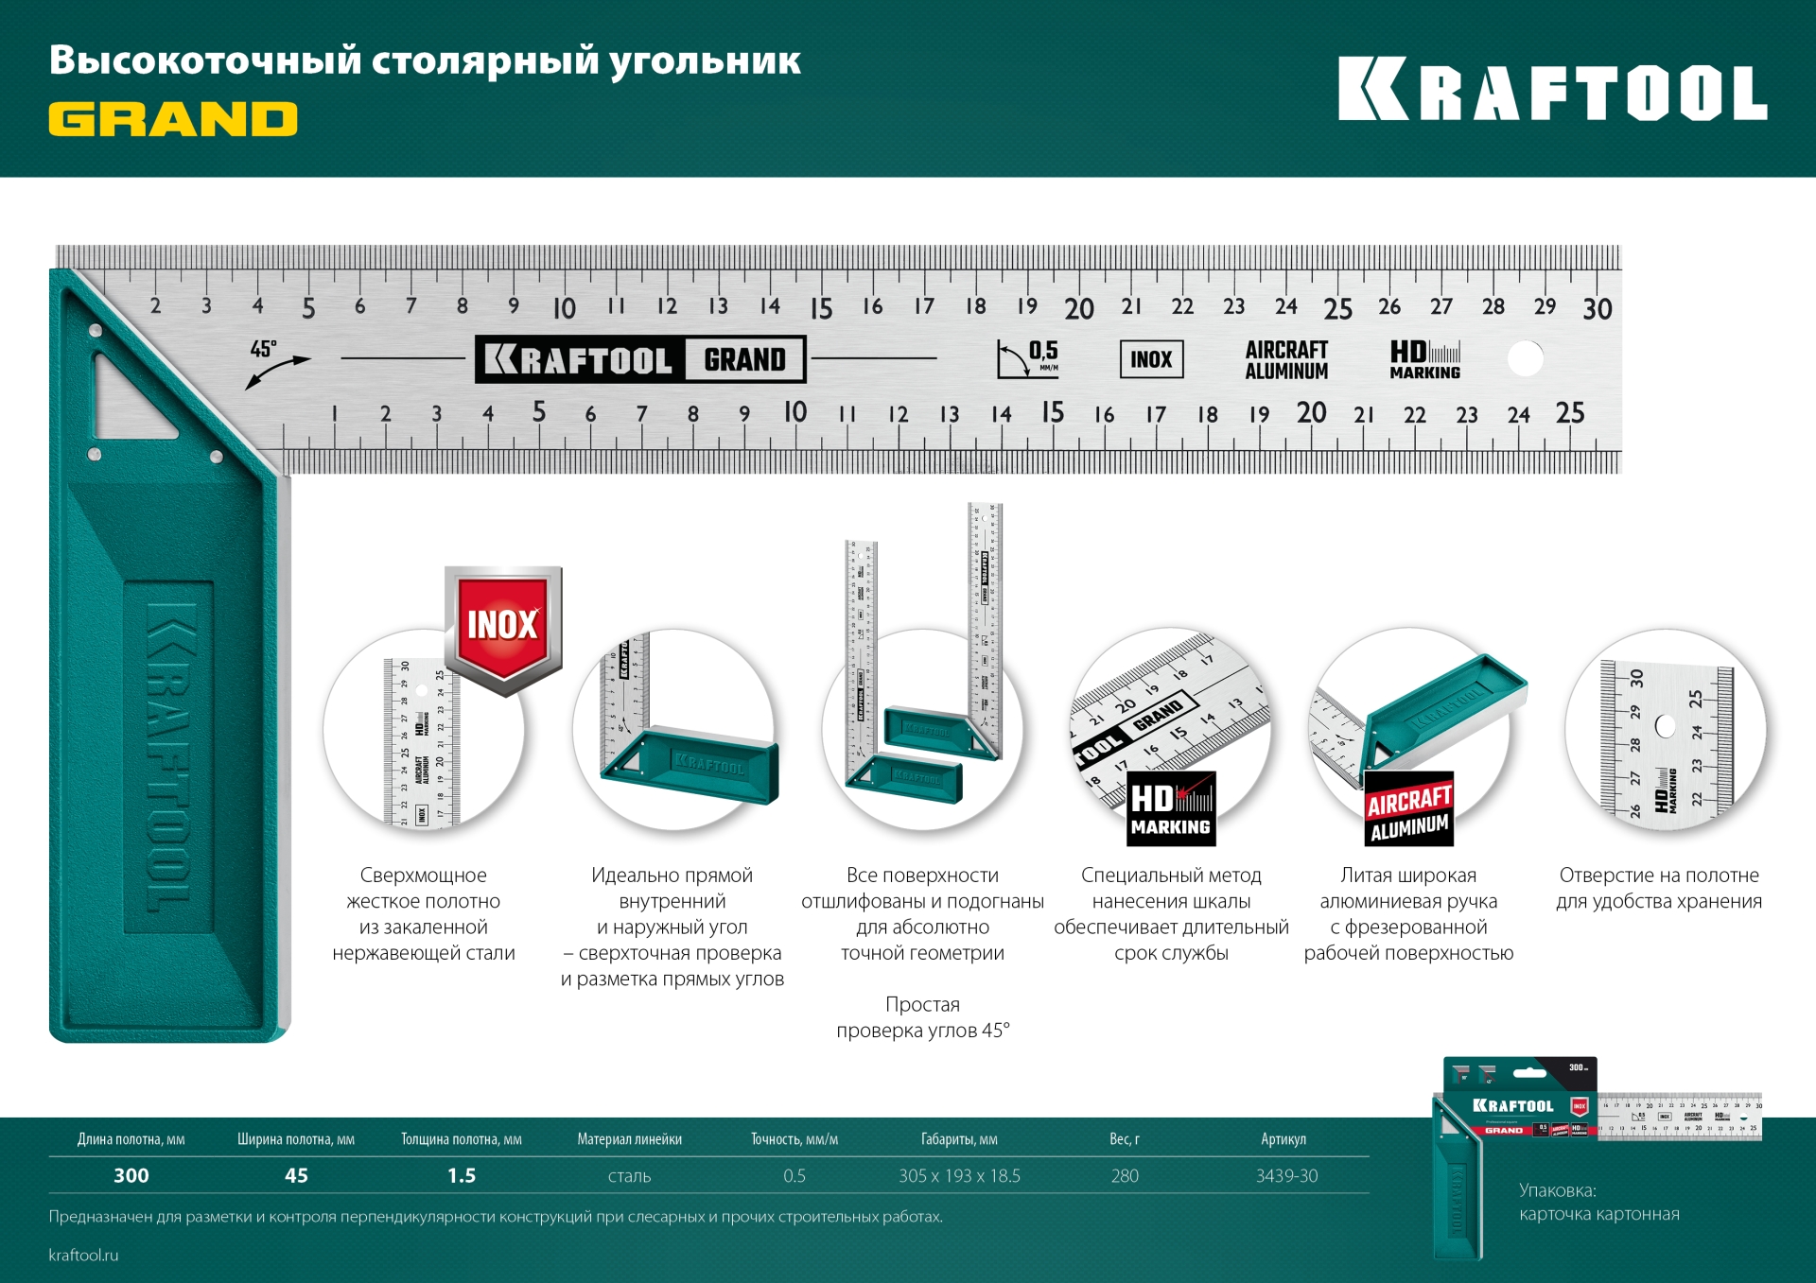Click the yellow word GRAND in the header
(173, 120)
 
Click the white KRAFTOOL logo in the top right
(1552, 90)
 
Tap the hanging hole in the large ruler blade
(1525, 359)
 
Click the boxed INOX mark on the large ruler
(1151, 359)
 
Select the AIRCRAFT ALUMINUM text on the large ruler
(1286, 360)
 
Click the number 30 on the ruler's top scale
(1597, 309)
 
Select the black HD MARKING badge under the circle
(1171, 809)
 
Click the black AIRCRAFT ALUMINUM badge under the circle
(1408, 812)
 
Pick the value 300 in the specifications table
(131, 1175)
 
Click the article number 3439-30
(1286, 1176)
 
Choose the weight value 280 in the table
(1125, 1176)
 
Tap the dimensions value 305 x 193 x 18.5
(959, 1176)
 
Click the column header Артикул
(1283, 1139)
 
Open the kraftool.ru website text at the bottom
(83, 1256)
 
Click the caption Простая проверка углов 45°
(922, 1017)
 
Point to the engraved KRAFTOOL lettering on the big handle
(170, 756)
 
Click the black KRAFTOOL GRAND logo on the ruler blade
(640, 359)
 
